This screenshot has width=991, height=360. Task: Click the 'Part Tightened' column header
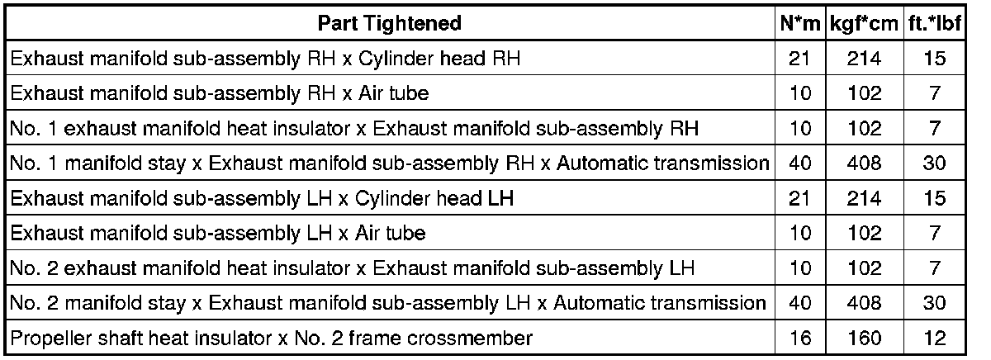[389, 24]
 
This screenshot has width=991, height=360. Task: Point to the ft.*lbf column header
[934, 24]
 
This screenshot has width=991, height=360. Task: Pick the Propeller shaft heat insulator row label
[270, 338]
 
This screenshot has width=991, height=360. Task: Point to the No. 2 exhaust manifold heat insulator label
[352, 268]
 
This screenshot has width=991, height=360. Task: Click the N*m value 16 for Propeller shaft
[799, 338]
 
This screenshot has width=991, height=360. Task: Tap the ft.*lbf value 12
[934, 338]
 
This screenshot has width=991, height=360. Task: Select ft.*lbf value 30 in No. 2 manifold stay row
[934, 303]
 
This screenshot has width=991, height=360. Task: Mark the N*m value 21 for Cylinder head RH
[799, 59]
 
